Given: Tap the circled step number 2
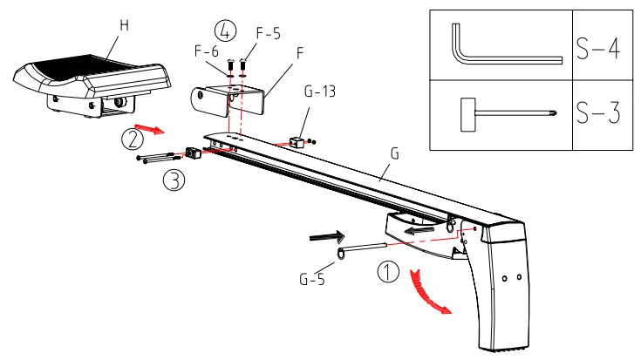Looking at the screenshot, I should pyautogui.click(x=132, y=138).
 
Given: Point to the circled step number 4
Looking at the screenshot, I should pyautogui.click(x=225, y=31).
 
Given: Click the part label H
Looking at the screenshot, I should pyautogui.click(x=124, y=25).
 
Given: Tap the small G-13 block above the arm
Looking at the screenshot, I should pyautogui.click(x=298, y=139).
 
